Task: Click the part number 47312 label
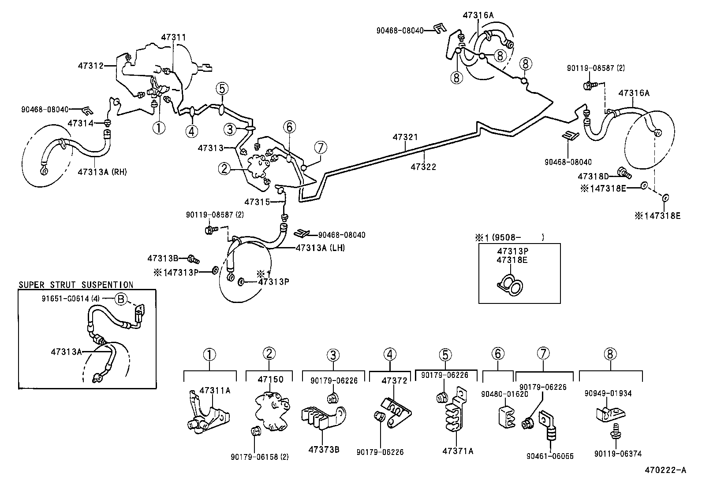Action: [x=90, y=66]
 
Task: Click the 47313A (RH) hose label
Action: [x=102, y=172]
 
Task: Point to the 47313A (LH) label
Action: [x=320, y=248]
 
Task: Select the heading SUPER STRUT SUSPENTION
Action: [x=76, y=285]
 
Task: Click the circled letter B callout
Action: [x=120, y=299]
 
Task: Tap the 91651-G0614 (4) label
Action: [x=71, y=299]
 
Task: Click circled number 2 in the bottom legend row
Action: [x=269, y=353]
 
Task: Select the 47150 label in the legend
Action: [x=271, y=379]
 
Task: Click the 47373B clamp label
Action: [x=324, y=450]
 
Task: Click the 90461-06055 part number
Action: [x=550, y=457]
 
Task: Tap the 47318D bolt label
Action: [x=593, y=177]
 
